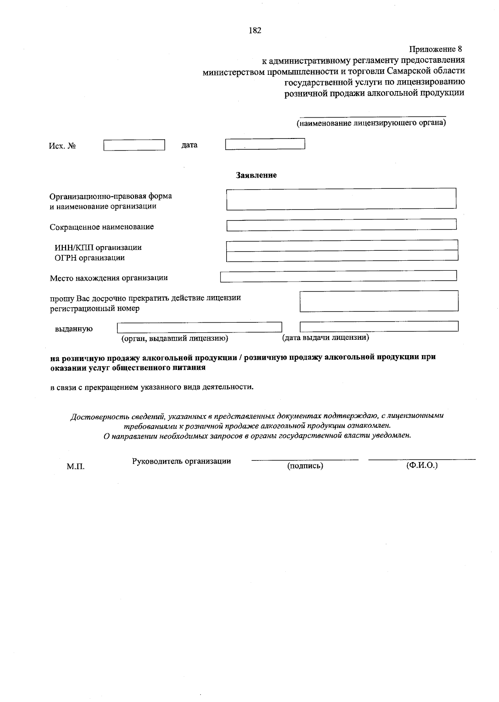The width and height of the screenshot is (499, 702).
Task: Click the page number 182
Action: tap(254, 31)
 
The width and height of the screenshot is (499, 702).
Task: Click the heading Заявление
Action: tap(256, 175)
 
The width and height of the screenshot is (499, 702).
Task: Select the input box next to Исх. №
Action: tap(134, 145)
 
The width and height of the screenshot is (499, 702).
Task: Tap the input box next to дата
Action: tap(265, 144)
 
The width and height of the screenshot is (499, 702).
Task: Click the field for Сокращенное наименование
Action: tap(341, 225)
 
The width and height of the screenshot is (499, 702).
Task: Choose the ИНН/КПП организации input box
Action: tap(342, 245)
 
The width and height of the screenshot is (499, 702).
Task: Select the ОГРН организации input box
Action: tap(342, 255)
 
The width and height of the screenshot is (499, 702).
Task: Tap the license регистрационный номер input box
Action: tap(379, 301)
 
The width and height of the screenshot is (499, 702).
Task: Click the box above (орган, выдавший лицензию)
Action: tap(200, 327)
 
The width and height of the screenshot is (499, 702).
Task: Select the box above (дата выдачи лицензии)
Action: tap(379, 326)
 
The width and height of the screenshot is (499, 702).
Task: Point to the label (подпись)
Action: tap(305, 466)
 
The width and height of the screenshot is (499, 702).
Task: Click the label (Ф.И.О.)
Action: tap(422, 465)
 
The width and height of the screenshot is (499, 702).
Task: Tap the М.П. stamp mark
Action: tap(76, 467)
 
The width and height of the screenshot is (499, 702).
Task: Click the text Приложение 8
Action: tap(436, 49)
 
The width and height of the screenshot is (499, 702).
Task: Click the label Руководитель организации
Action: tap(181, 461)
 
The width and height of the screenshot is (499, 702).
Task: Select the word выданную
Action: tap(74, 329)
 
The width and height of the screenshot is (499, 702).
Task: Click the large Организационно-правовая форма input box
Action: tap(341, 199)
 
